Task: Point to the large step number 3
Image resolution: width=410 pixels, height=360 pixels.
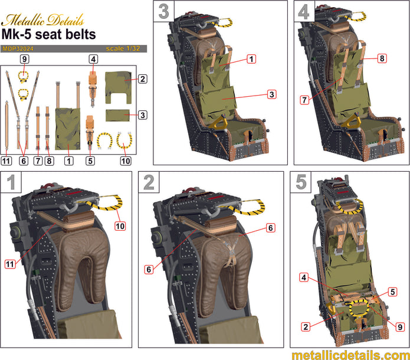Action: pyautogui.click(x=163, y=12)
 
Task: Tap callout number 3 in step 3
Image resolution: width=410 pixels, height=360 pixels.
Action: pyautogui.click(x=271, y=94)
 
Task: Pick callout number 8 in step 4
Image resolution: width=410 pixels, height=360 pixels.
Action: pyautogui.click(x=382, y=59)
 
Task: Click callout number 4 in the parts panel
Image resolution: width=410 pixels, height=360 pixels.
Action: pyautogui.click(x=93, y=59)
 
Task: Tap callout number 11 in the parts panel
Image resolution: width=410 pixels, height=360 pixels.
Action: pyautogui.click(x=6, y=161)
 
